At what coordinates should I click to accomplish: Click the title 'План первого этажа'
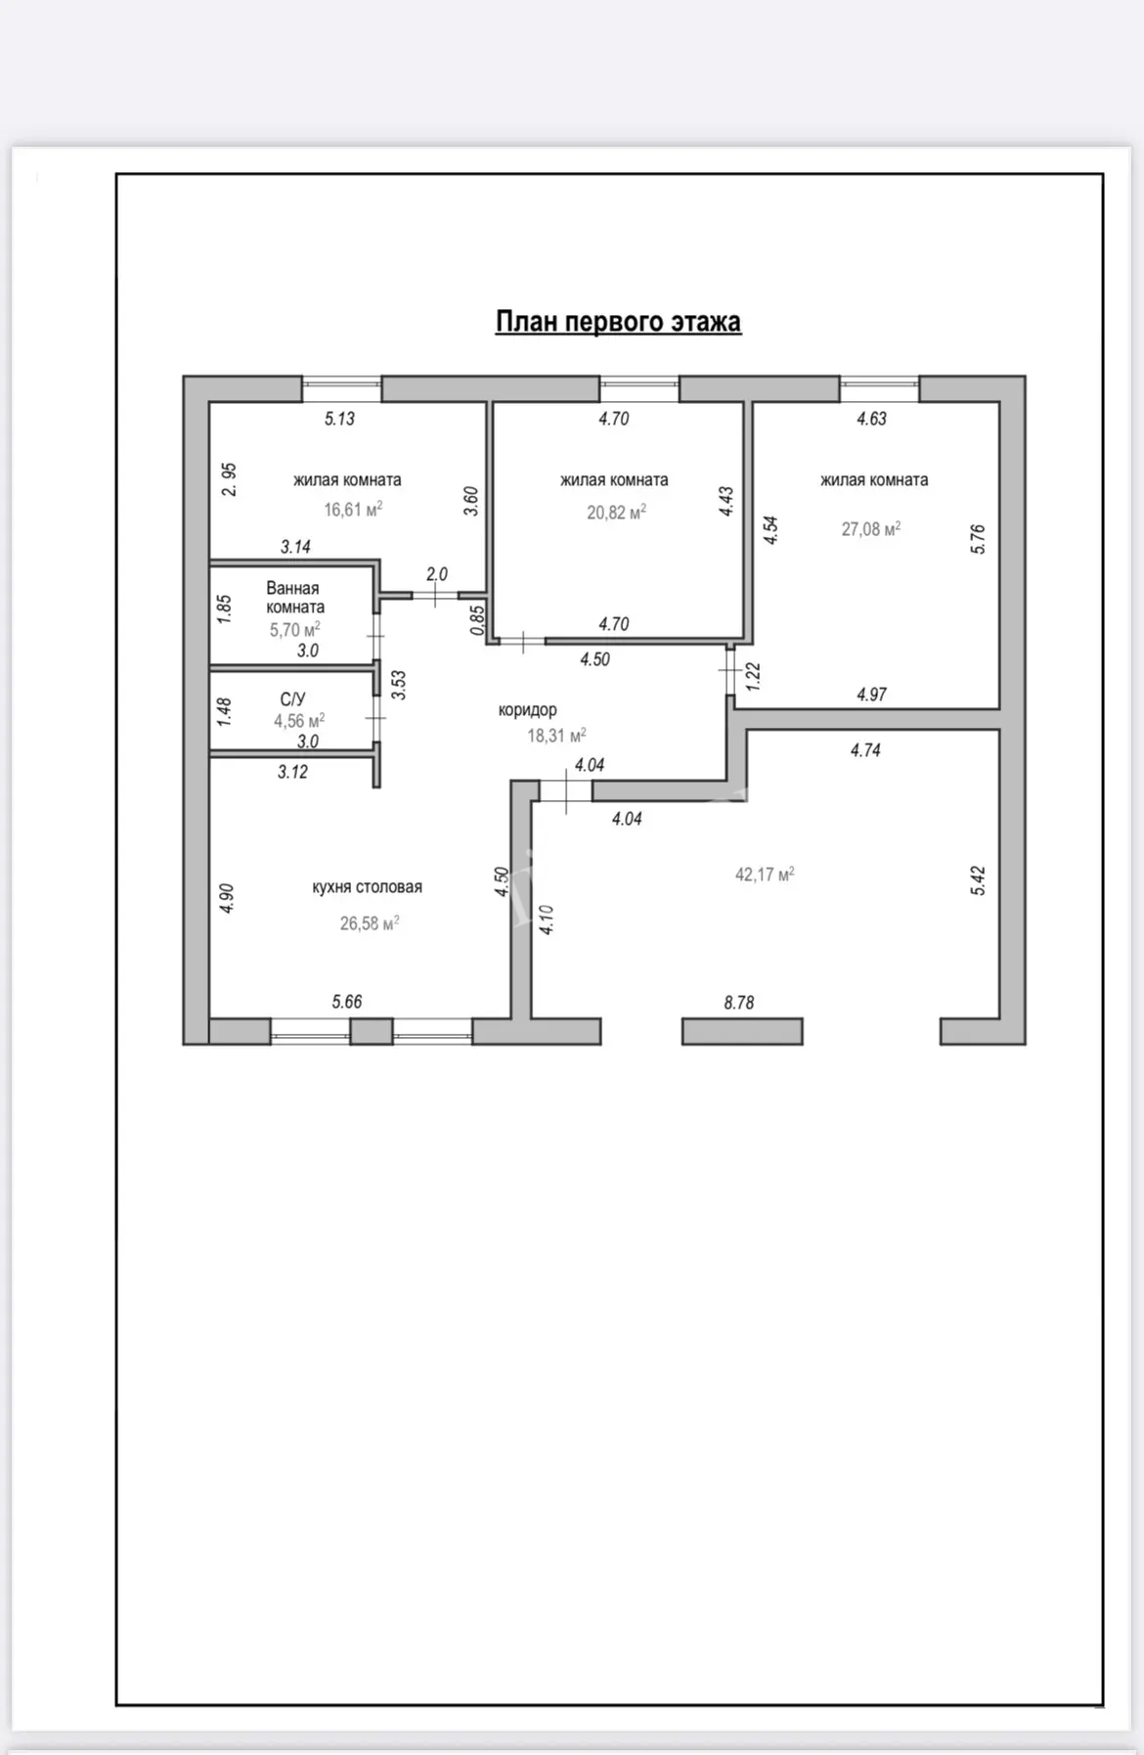[x=618, y=322]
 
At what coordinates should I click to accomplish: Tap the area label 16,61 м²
[x=353, y=509]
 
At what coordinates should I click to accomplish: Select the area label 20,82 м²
[x=616, y=512]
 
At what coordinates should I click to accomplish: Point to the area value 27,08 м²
[x=871, y=529]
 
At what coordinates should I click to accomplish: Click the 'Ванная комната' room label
[x=294, y=598]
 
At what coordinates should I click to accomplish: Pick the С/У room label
[x=292, y=699]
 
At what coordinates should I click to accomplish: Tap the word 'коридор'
[x=527, y=710]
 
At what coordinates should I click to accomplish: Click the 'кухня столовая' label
[x=368, y=887]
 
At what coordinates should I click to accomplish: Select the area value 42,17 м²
[x=765, y=874]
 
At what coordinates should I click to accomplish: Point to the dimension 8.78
[x=739, y=1003]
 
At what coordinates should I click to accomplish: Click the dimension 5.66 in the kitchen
[x=347, y=1002]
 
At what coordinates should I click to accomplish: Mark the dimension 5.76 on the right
[x=978, y=539]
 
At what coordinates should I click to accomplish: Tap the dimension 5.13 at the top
[x=339, y=419]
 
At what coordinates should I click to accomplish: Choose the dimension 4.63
[x=871, y=419]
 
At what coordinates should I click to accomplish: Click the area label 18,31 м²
[x=556, y=736]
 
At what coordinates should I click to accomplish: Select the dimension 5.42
[x=979, y=880]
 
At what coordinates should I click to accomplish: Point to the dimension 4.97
[x=871, y=695]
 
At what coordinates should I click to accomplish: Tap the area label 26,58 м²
[x=370, y=923]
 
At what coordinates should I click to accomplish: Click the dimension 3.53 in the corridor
[x=398, y=685]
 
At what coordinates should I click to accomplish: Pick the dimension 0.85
[x=477, y=621]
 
